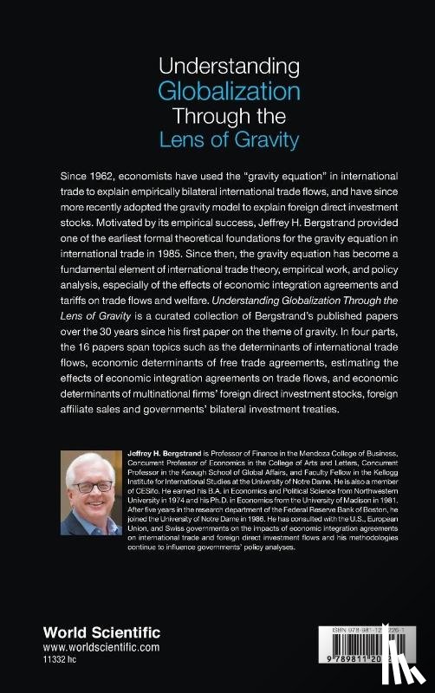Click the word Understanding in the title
click(217, 67)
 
